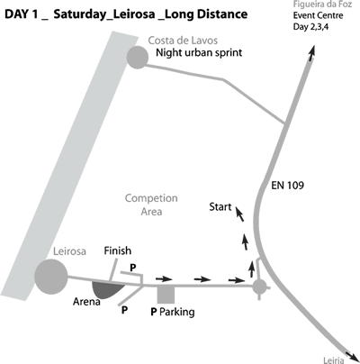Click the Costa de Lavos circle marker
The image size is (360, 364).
tap(138, 58)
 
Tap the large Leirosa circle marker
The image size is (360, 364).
tap(51, 277)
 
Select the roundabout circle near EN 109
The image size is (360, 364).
tap(259, 287)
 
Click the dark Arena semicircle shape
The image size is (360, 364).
tap(107, 290)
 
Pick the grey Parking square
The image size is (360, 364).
tap(166, 295)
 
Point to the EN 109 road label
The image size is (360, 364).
tap(287, 186)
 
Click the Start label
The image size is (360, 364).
tap(220, 207)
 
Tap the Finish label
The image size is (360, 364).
tap(118, 250)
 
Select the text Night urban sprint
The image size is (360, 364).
tap(199, 53)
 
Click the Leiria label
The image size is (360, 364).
tap(334, 360)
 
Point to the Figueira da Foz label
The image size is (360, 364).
tap(322, 5)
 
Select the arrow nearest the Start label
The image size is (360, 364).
tap(238, 214)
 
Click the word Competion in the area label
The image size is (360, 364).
tap(151, 198)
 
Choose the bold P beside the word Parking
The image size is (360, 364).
tap(154, 312)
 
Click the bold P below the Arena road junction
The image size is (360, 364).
tap(124, 310)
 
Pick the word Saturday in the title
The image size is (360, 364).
tap(81, 14)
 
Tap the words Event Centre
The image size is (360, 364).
tap(318, 15)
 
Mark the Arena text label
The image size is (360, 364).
tap(86, 302)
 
